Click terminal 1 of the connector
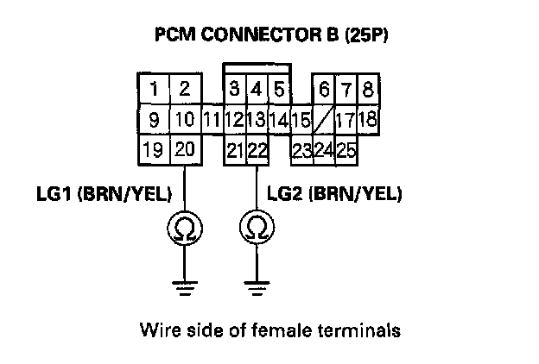tap(154, 89)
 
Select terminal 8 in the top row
tap(368, 89)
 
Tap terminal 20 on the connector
tap(184, 150)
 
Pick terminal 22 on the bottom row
tap(257, 150)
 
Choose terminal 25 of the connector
tap(346, 151)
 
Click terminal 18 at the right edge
tap(367, 119)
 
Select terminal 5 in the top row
tap(278, 89)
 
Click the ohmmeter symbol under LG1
tap(184, 228)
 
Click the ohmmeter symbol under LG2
tap(257, 228)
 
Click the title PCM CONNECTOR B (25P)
tap(269, 37)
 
